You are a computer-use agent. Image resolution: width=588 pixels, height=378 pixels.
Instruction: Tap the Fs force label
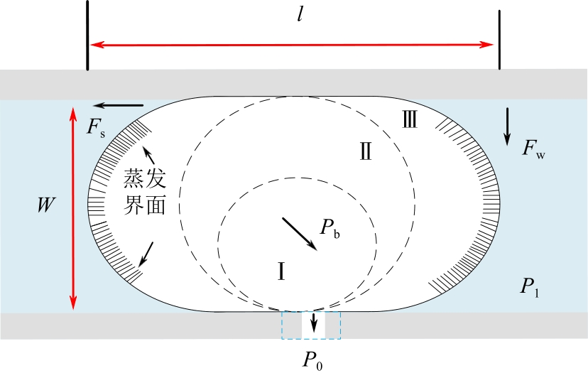click(x=96, y=128)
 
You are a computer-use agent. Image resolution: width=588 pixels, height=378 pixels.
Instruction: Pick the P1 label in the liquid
click(x=532, y=286)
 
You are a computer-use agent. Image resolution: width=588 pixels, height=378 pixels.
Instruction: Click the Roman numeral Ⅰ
click(x=281, y=270)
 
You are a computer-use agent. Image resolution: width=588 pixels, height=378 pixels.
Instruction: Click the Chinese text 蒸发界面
click(x=146, y=190)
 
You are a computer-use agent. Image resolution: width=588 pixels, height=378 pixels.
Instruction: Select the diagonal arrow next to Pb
click(x=300, y=234)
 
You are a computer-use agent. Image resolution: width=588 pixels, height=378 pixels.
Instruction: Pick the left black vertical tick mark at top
click(x=87, y=36)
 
